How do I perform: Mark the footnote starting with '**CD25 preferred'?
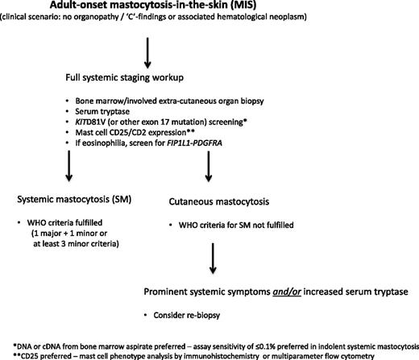(x=208, y=354)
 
